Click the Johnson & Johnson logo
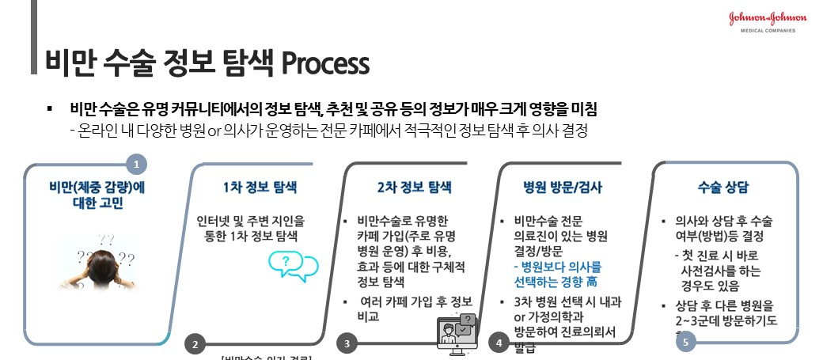[x=768, y=18]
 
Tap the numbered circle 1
[x=138, y=164]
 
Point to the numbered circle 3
[x=347, y=343]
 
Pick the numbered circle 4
[x=499, y=343]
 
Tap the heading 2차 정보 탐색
[x=414, y=188]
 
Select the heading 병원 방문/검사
[x=563, y=188]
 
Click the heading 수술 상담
[x=722, y=188]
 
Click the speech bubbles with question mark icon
[x=293, y=265]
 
